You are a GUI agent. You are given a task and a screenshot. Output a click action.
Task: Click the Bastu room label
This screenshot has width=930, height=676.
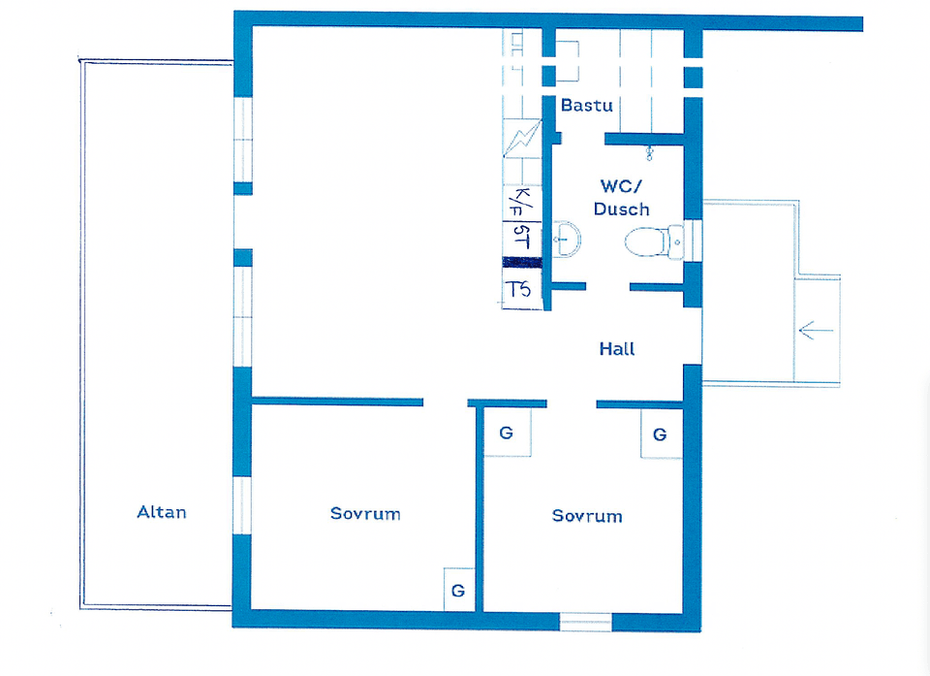pos(587,105)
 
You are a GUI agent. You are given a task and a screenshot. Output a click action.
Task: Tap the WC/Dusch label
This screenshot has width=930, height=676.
pos(621,197)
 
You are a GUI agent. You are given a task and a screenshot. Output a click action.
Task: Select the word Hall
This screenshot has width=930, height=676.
pos(617,349)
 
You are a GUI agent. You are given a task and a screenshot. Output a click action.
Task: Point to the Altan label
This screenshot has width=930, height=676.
pos(162,512)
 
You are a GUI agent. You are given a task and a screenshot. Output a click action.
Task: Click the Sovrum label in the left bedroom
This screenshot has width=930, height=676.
pos(365,513)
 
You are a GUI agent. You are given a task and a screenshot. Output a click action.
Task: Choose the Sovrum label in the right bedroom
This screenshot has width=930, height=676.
pos(587,516)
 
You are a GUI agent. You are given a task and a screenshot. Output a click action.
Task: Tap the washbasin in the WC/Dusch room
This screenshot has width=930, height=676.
pos(567,240)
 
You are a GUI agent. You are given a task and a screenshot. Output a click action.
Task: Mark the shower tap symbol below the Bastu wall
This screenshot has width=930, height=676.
pos(649,154)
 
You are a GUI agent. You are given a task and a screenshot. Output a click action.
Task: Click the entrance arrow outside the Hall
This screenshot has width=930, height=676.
pos(816,330)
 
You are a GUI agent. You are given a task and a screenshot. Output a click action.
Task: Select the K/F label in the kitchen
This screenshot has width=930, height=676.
pos(521,203)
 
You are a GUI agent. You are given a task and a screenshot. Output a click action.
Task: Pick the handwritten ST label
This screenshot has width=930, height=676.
pos(521,238)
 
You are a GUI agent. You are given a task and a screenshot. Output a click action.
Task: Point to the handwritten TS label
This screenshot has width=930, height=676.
pos(517,289)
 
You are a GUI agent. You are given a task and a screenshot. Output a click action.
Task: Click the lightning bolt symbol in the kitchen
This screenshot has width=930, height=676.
pos(522,139)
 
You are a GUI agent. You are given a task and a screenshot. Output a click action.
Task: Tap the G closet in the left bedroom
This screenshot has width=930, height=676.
pos(458,590)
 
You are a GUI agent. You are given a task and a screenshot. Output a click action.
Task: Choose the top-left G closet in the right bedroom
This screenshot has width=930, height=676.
pos(507,433)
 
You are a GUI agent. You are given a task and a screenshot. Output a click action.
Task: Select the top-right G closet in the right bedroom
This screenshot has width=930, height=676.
pos(661,435)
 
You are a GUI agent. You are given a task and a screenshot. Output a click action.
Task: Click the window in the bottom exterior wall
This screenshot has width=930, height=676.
pos(585,622)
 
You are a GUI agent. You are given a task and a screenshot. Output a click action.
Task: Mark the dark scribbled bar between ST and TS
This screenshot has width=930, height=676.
pos(522,263)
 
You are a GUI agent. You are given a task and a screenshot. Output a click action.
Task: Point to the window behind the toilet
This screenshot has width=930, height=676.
pos(693,241)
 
